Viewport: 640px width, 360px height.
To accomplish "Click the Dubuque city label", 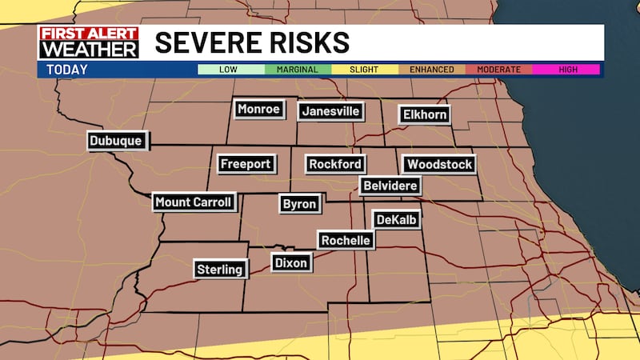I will [x=116, y=142].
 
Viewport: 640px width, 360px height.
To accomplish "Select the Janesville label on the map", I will [x=330, y=112].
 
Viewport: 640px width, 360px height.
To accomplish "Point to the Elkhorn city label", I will [x=423, y=114].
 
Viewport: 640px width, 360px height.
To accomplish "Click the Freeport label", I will [x=246, y=164].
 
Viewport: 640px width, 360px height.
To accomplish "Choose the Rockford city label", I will [x=336, y=165].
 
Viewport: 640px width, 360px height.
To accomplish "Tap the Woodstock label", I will [x=439, y=165].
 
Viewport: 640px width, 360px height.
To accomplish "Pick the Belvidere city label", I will [x=390, y=186].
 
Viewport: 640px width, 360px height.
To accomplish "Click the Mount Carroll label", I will [x=194, y=202].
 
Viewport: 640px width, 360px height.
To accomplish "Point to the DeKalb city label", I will [x=397, y=219].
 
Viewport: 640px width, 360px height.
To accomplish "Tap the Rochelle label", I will [x=346, y=240].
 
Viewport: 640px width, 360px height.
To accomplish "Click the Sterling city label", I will [x=219, y=270].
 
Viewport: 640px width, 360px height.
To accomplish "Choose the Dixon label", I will [x=290, y=262].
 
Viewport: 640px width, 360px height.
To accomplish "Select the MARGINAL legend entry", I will [x=298, y=70].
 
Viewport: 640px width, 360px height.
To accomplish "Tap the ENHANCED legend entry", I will [x=432, y=70].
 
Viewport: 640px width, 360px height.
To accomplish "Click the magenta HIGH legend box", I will [x=568, y=70].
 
